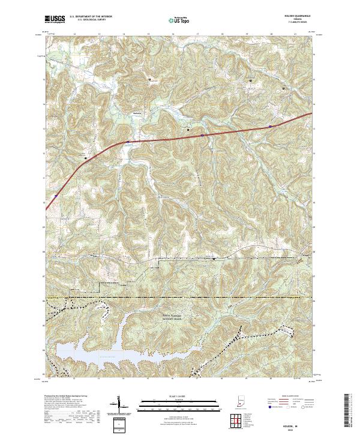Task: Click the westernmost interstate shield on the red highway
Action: [55, 195]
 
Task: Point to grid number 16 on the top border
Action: [173, 34]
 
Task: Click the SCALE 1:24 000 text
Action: [172, 396]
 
